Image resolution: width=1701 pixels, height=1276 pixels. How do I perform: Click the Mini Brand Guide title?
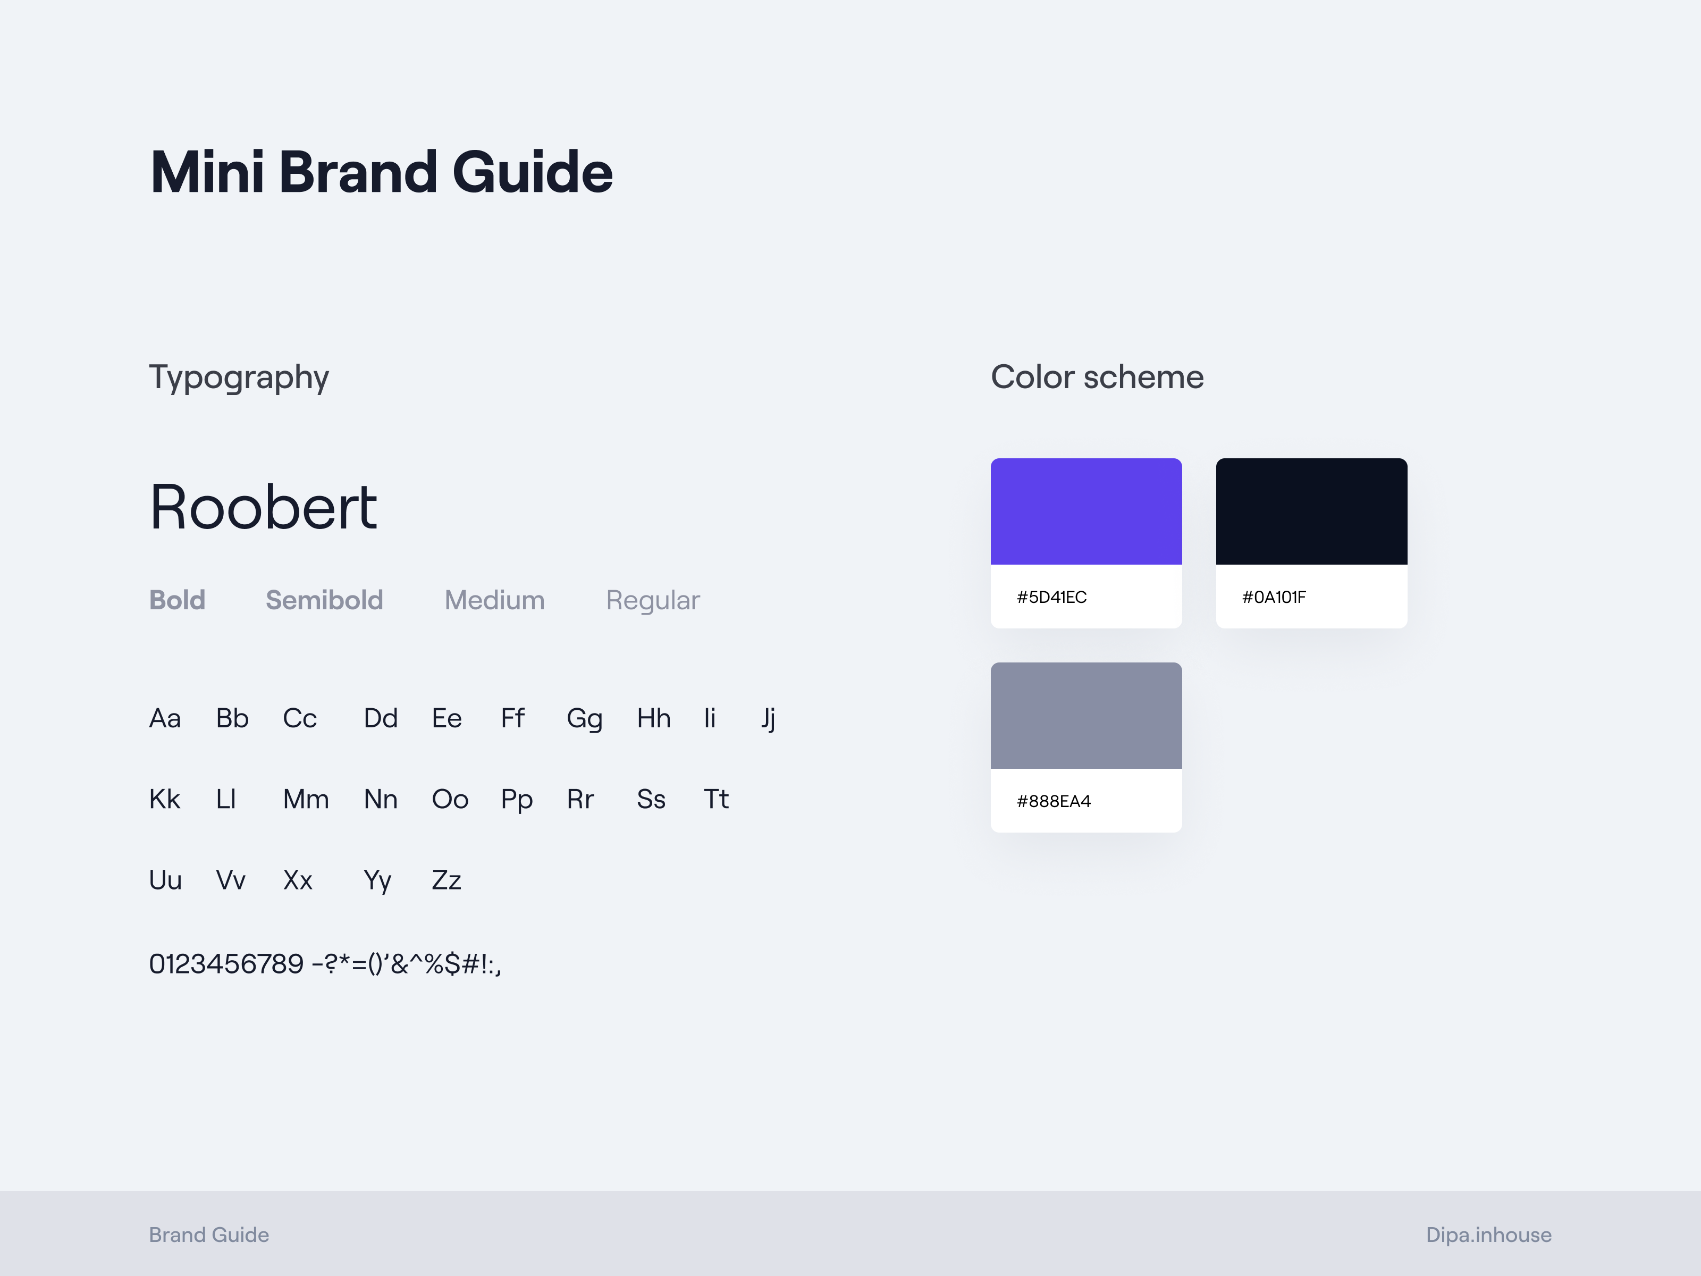tap(382, 172)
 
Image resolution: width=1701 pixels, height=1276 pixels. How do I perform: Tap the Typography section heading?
tap(239, 377)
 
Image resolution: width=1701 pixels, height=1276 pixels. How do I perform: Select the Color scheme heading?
tap(1097, 377)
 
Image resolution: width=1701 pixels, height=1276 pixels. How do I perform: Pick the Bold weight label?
tap(177, 600)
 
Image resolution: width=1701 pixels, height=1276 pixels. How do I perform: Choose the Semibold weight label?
tap(324, 600)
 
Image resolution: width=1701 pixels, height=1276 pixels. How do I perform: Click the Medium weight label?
tap(494, 600)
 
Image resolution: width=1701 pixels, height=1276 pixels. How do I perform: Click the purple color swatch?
tap(1086, 511)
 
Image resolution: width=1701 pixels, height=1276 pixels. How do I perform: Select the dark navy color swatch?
tap(1311, 511)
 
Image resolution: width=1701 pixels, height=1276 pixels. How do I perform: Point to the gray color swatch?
tap(1086, 715)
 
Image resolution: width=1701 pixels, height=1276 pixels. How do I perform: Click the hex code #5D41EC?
tap(1051, 597)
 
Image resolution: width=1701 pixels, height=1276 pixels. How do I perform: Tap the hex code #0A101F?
tap(1274, 597)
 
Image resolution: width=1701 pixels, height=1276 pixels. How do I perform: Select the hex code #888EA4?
tap(1054, 801)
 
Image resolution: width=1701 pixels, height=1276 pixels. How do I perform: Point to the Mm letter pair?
tap(306, 799)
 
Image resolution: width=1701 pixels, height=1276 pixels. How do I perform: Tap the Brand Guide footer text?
tap(209, 1235)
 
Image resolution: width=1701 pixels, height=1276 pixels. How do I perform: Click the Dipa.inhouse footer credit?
tap(1489, 1235)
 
